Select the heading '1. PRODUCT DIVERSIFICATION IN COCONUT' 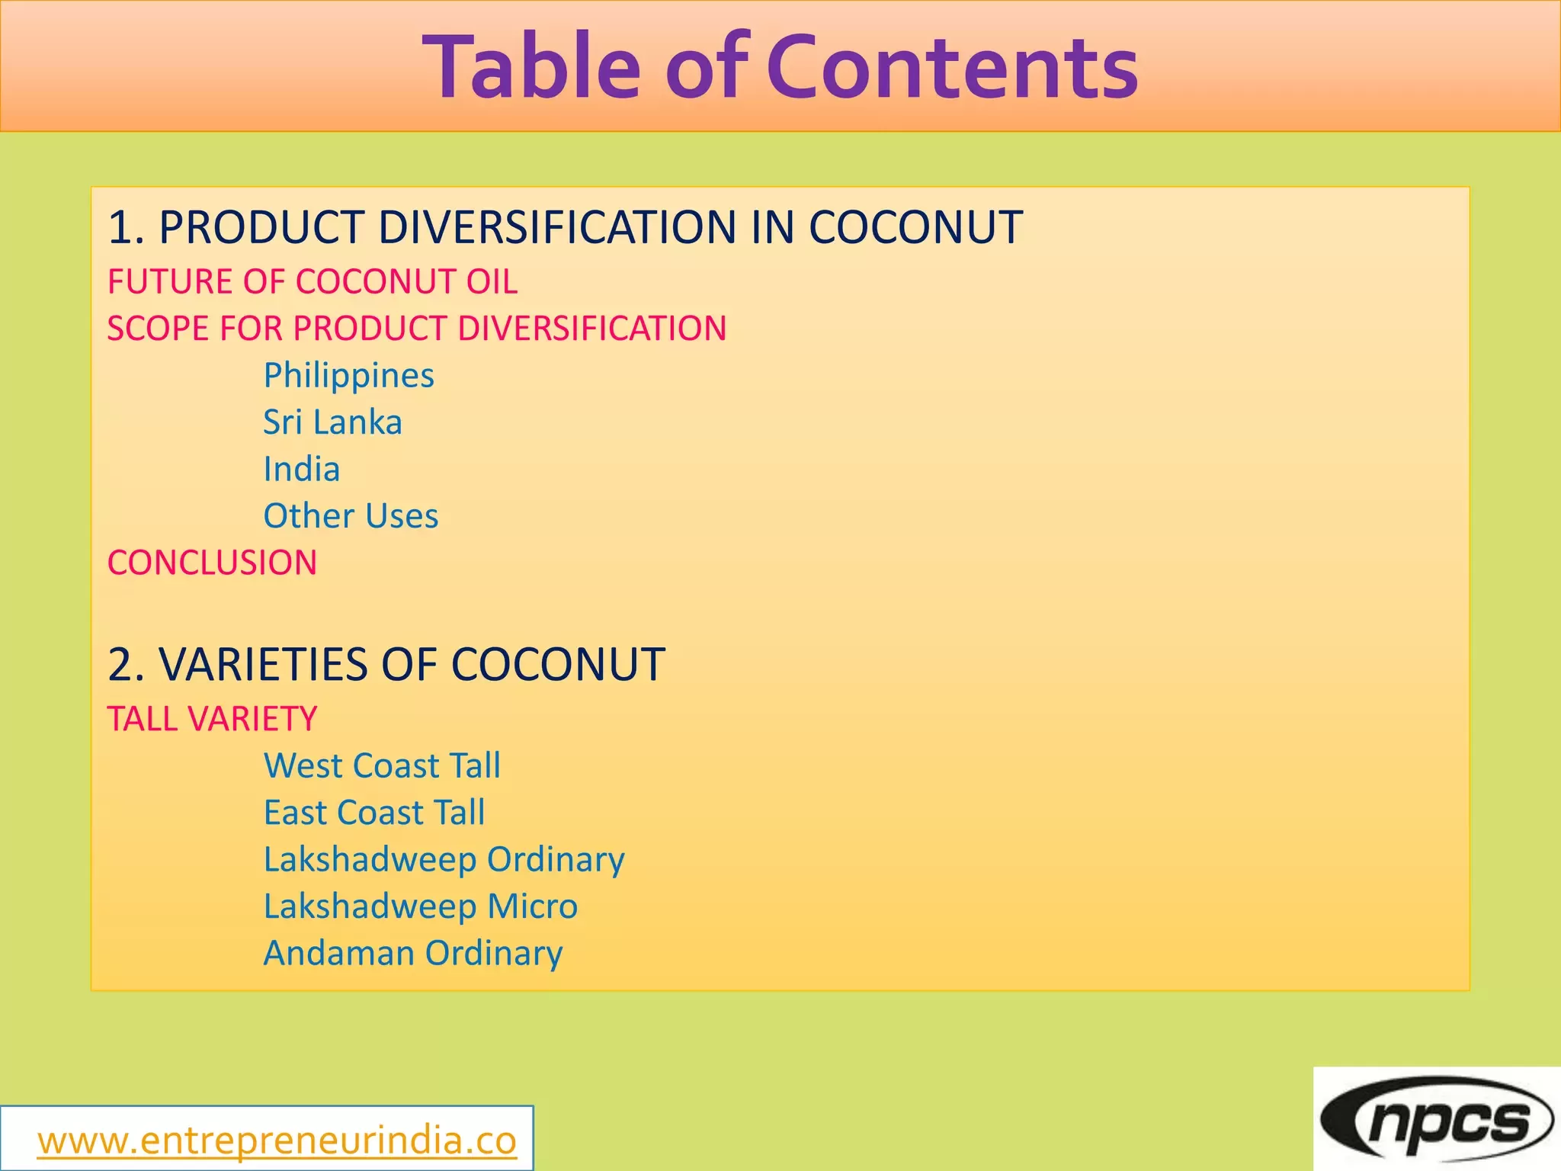pos(565,227)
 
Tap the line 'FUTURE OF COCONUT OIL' pos(313,281)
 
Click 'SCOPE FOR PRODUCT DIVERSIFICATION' pos(417,329)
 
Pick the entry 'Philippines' pos(349,376)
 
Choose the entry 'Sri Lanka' pos(332,422)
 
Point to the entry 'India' pos(302,469)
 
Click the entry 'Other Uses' pos(351,516)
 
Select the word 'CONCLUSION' pos(212,563)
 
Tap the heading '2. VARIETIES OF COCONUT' pos(386,664)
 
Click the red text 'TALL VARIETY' pos(212,719)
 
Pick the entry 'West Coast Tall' pos(382,765)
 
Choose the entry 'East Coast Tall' pos(374,813)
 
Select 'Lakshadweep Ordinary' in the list pos(444,860)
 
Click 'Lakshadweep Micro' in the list pos(421,906)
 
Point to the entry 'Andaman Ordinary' pos(413,954)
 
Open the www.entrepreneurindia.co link pos(277,1141)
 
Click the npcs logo pos(1437,1119)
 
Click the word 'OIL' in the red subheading pos(492,281)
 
